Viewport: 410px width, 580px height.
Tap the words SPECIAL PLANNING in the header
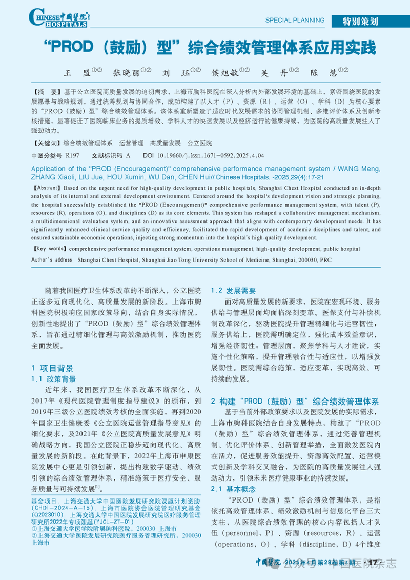click(295, 21)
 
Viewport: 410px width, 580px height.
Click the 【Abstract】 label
click(48, 188)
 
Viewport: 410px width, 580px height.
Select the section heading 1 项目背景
click(52, 368)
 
